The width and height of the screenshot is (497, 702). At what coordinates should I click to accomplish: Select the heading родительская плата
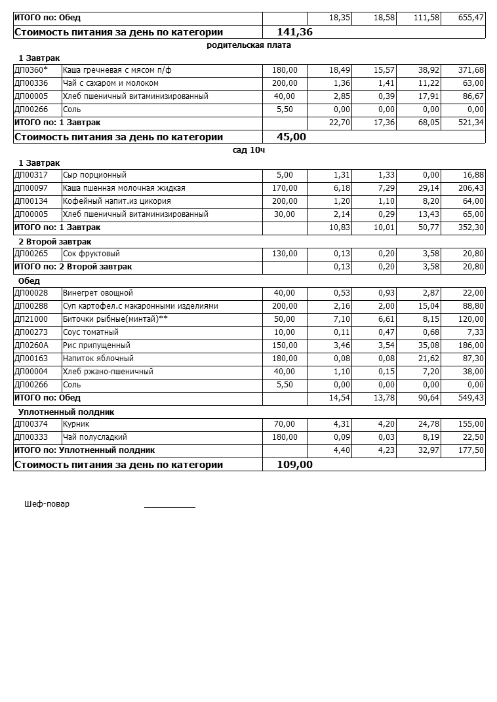(248, 45)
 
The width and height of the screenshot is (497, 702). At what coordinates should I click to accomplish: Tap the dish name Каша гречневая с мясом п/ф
(117, 70)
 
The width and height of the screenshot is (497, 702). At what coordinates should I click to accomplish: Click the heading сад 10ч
(248, 150)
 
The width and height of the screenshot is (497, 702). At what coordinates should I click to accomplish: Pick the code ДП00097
(31, 188)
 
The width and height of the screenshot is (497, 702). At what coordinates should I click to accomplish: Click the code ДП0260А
(31, 345)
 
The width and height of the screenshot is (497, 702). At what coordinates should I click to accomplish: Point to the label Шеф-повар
(47, 504)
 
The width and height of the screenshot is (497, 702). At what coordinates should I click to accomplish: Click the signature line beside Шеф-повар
(170, 507)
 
